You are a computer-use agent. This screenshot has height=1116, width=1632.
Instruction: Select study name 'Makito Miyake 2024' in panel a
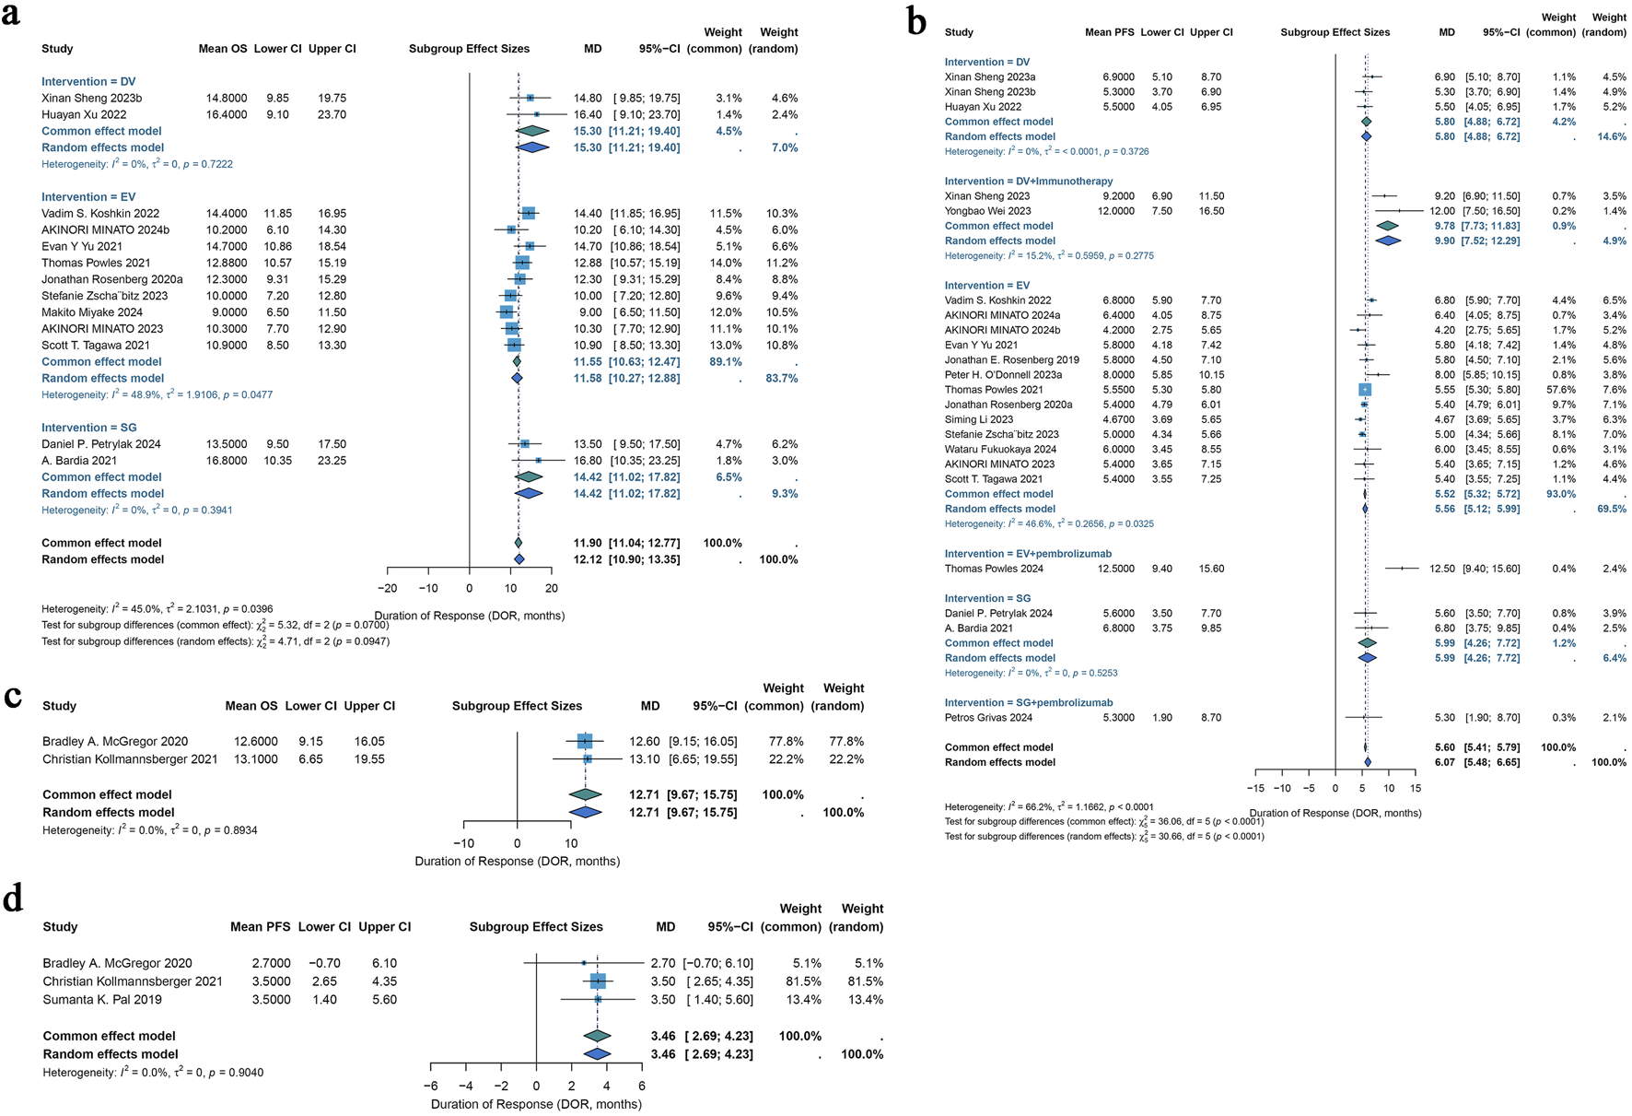pos(92,312)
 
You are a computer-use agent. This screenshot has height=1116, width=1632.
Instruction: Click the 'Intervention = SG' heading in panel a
pos(88,428)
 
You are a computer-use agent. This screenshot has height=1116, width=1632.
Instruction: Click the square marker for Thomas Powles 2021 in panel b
pos(1364,390)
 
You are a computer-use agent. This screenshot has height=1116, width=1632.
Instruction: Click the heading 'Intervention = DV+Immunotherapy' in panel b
pos(1028,182)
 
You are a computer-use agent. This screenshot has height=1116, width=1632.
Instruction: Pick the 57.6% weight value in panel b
pos(1563,390)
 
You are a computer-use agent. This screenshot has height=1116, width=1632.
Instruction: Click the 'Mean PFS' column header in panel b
pos(1110,32)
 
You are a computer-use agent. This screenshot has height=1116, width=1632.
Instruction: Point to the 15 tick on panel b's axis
pos(1415,788)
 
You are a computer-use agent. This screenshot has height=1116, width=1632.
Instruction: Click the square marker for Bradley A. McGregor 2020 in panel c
pos(585,741)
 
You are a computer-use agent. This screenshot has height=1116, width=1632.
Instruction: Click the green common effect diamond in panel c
pos(585,794)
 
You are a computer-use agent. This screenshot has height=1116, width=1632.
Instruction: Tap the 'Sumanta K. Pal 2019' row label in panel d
pos(102,1000)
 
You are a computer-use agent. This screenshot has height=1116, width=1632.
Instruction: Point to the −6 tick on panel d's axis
pos(430,1086)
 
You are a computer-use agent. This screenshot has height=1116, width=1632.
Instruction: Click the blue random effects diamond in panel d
pos(597,1054)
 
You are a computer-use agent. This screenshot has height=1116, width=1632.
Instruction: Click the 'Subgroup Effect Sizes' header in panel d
pos(536,927)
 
